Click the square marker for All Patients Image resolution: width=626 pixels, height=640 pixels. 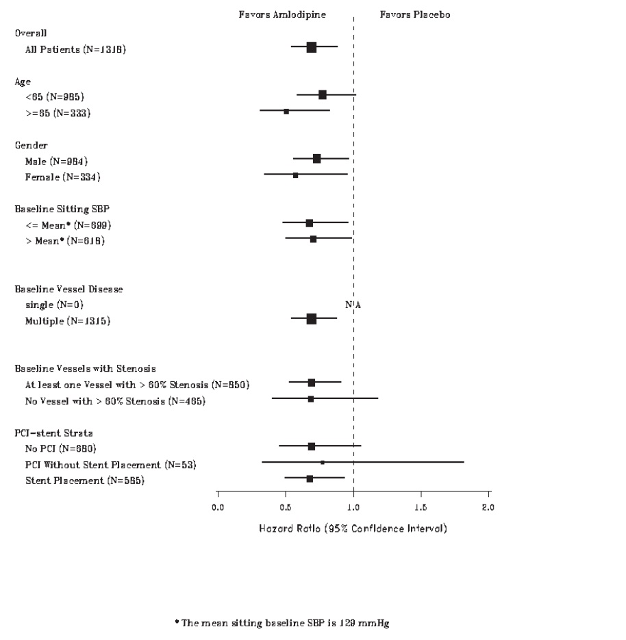pyautogui.click(x=312, y=47)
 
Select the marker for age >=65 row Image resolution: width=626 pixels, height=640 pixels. pyautogui.click(x=286, y=111)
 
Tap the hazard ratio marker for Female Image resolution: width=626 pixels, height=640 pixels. pyautogui.click(x=295, y=175)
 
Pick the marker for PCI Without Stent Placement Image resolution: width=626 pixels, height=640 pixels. pyautogui.click(x=323, y=463)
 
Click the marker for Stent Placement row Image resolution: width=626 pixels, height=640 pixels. pyautogui.click(x=310, y=478)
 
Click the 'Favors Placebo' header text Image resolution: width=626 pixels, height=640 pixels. pyautogui.click(x=415, y=14)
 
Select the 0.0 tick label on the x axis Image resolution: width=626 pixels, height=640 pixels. pyautogui.click(x=218, y=507)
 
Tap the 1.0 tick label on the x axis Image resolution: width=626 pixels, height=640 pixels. pyautogui.click(x=353, y=507)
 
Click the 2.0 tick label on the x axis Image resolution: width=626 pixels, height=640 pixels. pyautogui.click(x=488, y=507)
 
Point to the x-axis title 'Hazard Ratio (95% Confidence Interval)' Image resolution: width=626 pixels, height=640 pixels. pyautogui.click(x=353, y=528)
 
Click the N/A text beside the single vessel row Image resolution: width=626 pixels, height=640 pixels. pyautogui.click(x=353, y=305)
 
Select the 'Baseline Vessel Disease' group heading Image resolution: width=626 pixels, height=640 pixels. pyautogui.click(x=69, y=289)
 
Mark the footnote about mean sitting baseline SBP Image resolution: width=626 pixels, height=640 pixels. pyautogui.click(x=281, y=623)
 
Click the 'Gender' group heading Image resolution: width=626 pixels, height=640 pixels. pyautogui.click(x=32, y=145)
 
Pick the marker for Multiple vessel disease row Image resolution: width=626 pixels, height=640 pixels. pyautogui.click(x=312, y=319)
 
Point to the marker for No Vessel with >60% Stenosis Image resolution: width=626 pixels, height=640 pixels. pyautogui.click(x=311, y=399)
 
